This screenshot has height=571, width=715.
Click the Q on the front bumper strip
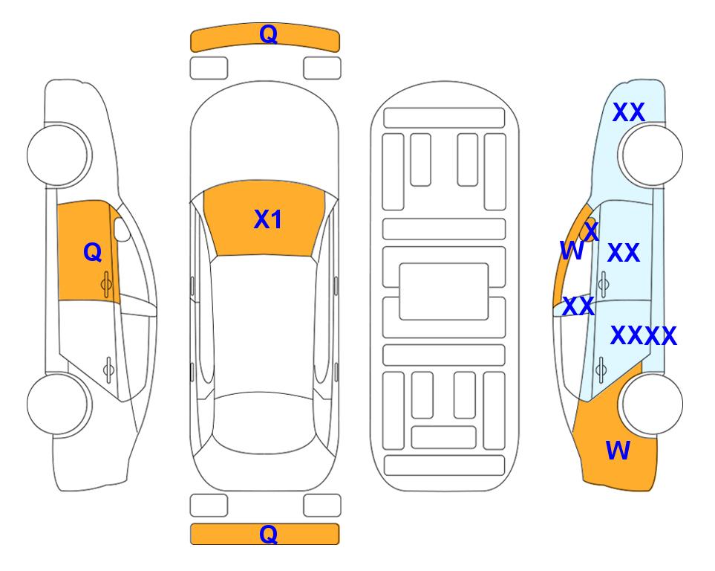[268, 34]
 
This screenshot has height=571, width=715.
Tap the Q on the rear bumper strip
[268, 534]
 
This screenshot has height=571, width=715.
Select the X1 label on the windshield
[268, 219]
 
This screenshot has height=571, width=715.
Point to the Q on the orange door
[93, 252]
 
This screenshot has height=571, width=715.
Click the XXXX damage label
[644, 336]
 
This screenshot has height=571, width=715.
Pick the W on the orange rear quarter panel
[618, 451]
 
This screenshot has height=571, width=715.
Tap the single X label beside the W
[592, 232]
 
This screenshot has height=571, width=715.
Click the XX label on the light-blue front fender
[629, 112]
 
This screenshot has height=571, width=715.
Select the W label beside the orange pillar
[572, 251]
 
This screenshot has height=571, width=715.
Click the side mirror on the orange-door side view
[122, 229]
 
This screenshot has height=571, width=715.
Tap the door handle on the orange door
[106, 284]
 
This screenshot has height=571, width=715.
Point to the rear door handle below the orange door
[108, 369]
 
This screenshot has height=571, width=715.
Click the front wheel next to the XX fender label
[650, 155]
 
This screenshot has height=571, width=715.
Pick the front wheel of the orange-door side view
[59, 155]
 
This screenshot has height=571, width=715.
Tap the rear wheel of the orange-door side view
[59, 404]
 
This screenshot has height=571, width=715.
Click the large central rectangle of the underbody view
[444, 291]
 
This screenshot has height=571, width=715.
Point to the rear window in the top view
[264, 422]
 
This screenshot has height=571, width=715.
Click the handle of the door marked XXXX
[601, 370]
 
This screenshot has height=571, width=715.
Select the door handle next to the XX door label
[603, 284]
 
